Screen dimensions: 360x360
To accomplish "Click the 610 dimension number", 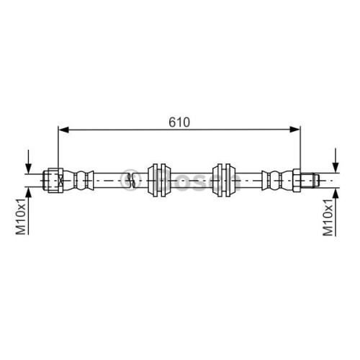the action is pos(179,122).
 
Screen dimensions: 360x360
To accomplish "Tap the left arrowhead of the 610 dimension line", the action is pos(63,130).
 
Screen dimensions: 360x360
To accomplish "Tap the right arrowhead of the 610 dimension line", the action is pos(294,130).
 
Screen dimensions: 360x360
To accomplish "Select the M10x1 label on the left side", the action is pos(21,217).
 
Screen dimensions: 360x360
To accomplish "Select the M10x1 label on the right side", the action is pos(328,218).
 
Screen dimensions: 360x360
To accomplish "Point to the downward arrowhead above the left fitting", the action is pos(29,168).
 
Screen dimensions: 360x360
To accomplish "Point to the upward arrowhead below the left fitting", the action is pos(29,193).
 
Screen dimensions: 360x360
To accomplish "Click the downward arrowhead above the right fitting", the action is pos(336,167).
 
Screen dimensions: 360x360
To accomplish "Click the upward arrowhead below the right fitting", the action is pos(336,193).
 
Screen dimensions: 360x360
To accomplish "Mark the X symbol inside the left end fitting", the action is pos(60,180).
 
